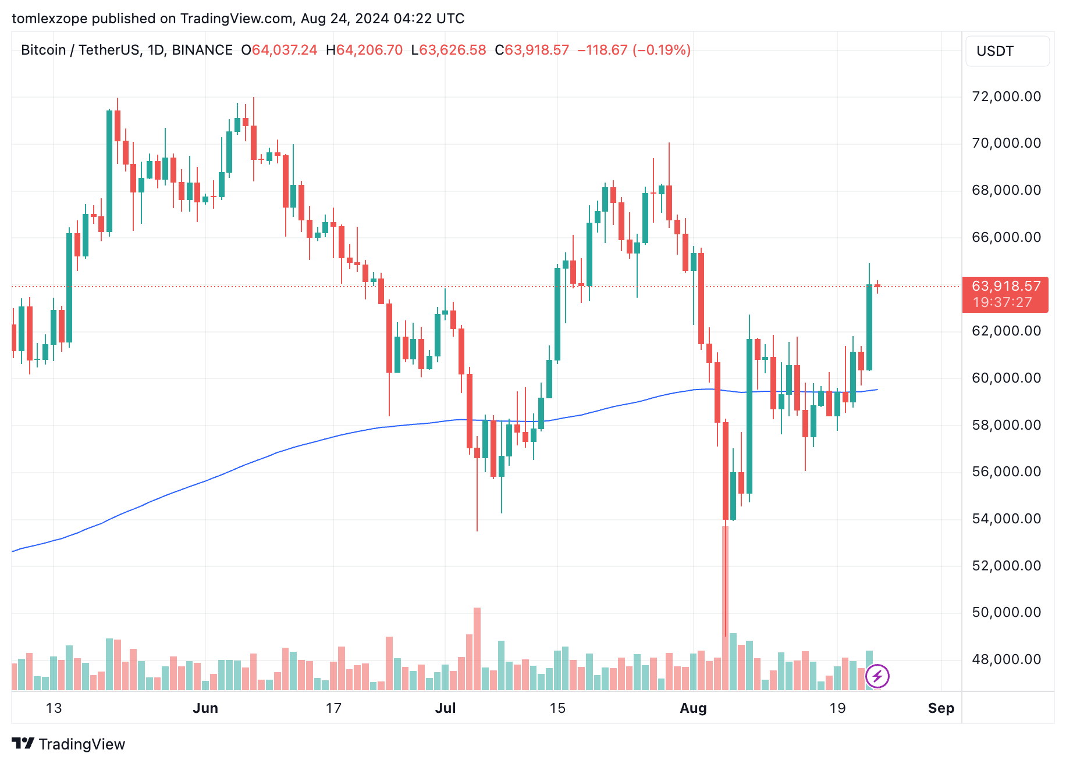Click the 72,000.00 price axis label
click(x=1006, y=97)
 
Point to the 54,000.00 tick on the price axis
click(x=1006, y=519)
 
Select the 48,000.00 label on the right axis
click(x=1006, y=659)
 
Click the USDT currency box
click(x=1007, y=51)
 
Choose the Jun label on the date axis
click(x=205, y=708)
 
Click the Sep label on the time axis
click(x=941, y=708)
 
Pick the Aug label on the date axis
click(x=693, y=708)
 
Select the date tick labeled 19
click(x=837, y=708)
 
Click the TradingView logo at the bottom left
click(x=68, y=744)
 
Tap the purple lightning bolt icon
click(x=877, y=676)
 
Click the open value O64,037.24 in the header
click(x=279, y=50)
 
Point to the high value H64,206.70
click(x=364, y=50)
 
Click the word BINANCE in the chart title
click(x=202, y=50)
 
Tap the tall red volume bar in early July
click(x=477, y=648)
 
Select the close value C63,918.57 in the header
click(x=532, y=50)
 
